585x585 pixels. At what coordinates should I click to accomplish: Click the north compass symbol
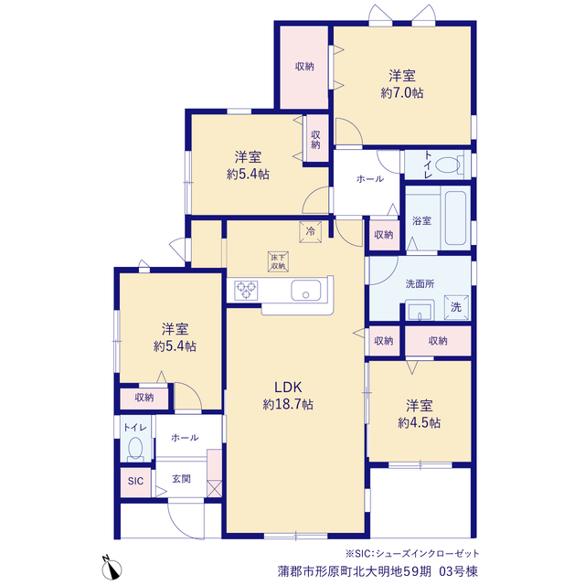[112, 568]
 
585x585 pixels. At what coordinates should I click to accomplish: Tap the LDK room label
[288, 388]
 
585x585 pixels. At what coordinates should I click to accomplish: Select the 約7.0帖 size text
[402, 93]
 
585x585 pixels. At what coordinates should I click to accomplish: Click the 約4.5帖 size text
[419, 422]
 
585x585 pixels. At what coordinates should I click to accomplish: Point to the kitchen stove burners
[246, 291]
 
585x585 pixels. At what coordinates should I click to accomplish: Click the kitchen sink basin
[306, 291]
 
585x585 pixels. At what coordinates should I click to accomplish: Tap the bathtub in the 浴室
[455, 218]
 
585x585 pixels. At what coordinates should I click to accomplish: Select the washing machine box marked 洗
[456, 307]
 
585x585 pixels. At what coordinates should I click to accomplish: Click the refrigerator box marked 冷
[311, 231]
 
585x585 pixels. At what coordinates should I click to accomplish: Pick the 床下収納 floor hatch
[278, 261]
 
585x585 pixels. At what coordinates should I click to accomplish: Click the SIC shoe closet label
[135, 481]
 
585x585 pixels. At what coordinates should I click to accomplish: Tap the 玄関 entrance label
[181, 479]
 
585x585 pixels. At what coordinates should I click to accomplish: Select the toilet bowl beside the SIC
[135, 449]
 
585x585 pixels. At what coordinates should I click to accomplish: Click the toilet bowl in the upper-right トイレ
[449, 165]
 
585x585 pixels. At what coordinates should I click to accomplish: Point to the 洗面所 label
[420, 284]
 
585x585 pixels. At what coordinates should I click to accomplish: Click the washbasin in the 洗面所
[420, 310]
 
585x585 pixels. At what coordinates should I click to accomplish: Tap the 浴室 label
[421, 221]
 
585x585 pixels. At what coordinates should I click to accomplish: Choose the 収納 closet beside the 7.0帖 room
[304, 67]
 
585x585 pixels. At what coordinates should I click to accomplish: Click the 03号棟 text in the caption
[458, 571]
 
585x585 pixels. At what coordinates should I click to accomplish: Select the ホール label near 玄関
[185, 438]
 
